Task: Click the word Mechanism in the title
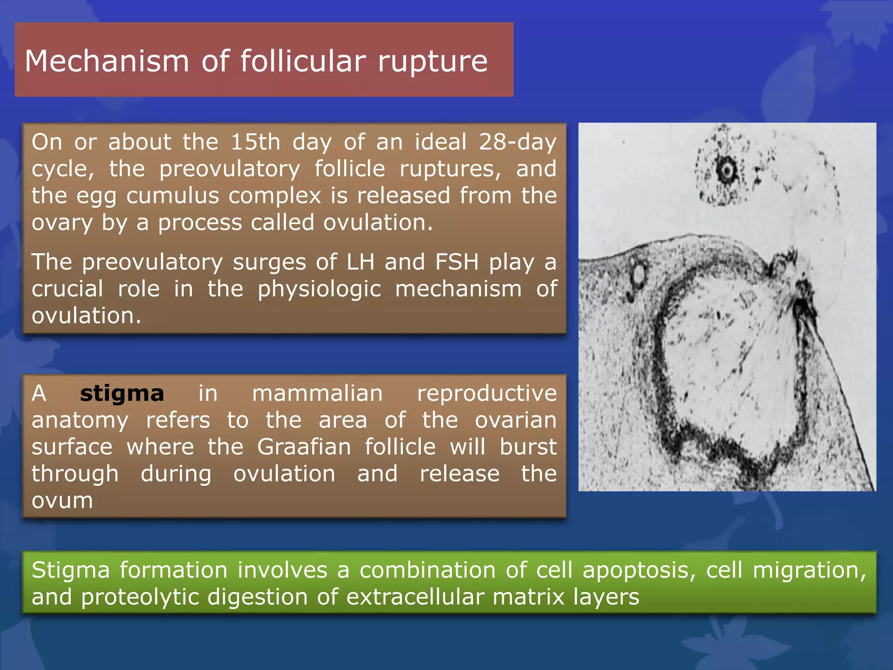point(107,61)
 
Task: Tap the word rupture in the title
point(433,61)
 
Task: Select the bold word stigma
point(122,393)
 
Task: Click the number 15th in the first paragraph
point(255,142)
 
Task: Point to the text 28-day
point(518,142)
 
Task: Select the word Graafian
point(304,447)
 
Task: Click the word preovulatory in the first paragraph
point(229,169)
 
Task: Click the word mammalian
point(317,393)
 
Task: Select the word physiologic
point(319,289)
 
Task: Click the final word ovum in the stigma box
point(62,501)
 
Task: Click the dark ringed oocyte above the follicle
point(726,171)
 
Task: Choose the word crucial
point(67,289)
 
